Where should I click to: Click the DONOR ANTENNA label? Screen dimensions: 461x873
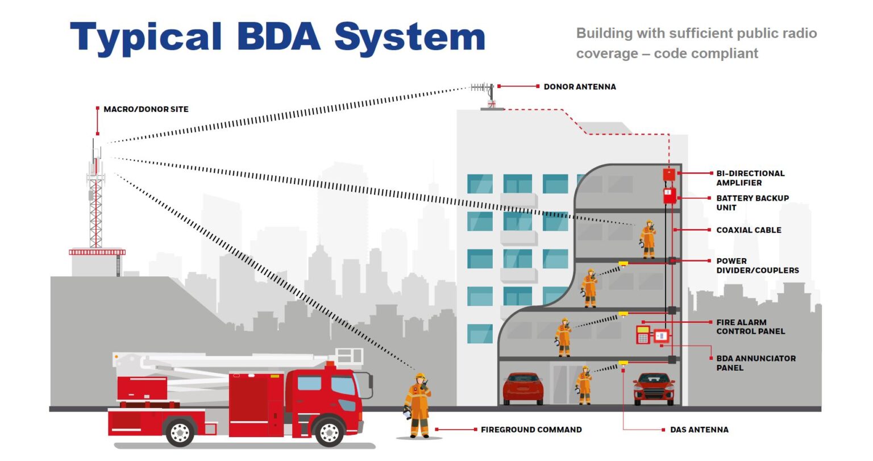[579, 87]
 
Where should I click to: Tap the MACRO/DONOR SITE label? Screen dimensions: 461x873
[145, 109]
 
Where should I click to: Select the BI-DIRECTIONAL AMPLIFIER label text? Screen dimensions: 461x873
[750, 178]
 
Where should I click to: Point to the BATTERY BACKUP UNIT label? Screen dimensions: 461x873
[752, 203]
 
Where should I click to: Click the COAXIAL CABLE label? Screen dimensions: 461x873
[749, 230]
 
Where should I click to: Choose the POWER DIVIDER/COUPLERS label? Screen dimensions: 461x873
[757, 265]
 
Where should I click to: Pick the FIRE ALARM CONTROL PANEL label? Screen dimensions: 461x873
[750, 327]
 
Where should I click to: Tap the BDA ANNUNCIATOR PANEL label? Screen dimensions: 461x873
[755, 363]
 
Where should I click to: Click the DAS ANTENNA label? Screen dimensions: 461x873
[699, 430]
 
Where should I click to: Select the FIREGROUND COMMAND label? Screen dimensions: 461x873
[531, 430]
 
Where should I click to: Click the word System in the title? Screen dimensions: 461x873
[409, 38]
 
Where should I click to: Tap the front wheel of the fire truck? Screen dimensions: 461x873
[329, 432]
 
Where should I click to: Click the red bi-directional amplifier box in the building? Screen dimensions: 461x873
[669, 174]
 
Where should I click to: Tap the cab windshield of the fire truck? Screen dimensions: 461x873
[343, 385]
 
